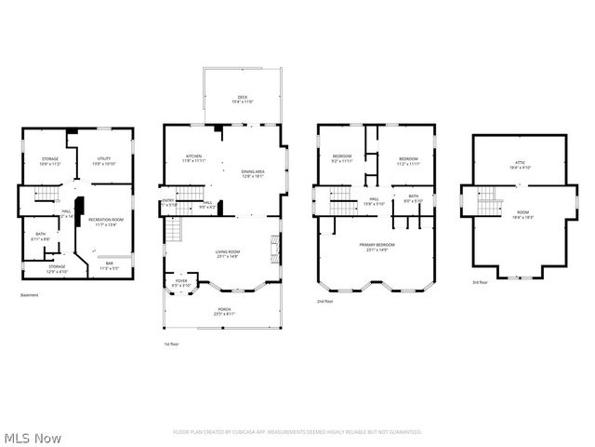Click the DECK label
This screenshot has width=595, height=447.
[x=242, y=97]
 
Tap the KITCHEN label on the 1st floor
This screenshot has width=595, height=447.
[x=193, y=156]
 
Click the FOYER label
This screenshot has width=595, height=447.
[x=180, y=280]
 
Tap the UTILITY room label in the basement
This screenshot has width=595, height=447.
[x=104, y=158]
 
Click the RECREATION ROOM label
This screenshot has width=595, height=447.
[x=106, y=219]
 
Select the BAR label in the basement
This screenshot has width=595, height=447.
[x=109, y=264]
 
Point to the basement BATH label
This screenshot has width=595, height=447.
[x=41, y=234]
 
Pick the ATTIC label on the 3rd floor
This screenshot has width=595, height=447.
[x=520, y=163]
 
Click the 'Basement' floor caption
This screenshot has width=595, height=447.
[x=29, y=295]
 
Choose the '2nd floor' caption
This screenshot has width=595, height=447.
[x=324, y=302]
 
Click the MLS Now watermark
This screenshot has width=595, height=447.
[x=32, y=437]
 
